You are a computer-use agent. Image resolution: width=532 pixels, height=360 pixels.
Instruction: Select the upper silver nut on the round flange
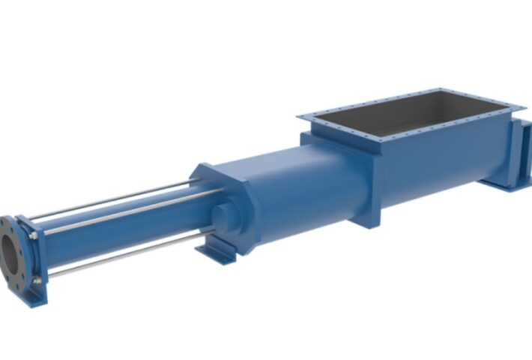coord(33,235)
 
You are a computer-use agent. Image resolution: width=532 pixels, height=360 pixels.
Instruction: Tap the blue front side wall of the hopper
coord(435,169)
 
